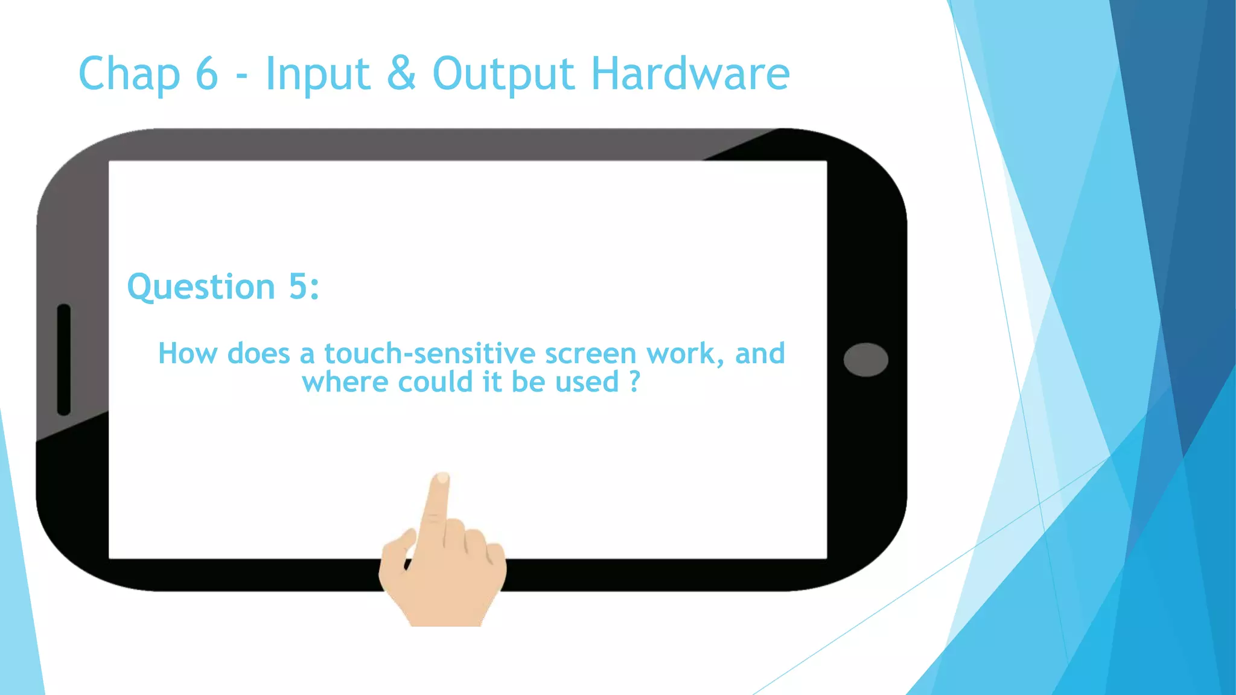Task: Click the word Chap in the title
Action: pyautogui.click(x=129, y=74)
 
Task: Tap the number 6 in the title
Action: pyautogui.click(x=206, y=74)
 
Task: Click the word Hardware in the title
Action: pyautogui.click(x=690, y=74)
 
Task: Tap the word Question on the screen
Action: pyautogui.click(x=201, y=287)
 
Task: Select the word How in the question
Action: pyautogui.click(x=187, y=354)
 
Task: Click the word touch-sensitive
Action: pyautogui.click(x=430, y=354)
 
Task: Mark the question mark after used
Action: pyautogui.click(x=634, y=381)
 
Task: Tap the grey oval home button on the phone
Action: pyautogui.click(x=865, y=360)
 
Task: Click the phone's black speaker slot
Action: pyautogui.click(x=64, y=360)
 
